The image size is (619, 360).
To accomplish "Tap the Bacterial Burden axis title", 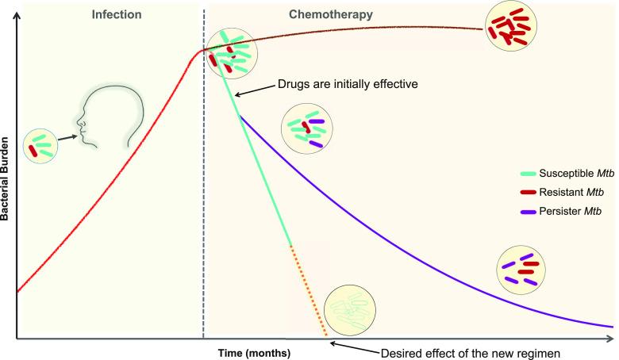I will tap(7, 178).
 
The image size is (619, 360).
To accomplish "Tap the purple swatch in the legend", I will tap(526, 213).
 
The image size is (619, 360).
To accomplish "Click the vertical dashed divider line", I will tap(204, 198).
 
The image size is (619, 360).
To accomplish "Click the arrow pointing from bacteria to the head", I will tap(69, 137).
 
